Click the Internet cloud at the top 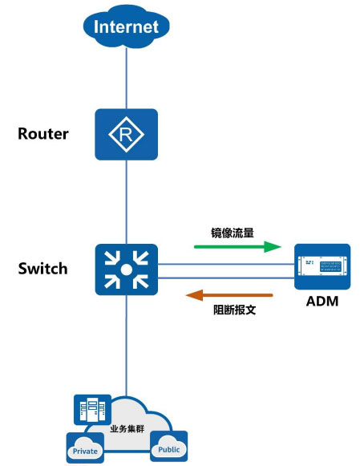click(126, 26)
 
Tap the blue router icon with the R click(126, 134)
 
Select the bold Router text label click(43, 134)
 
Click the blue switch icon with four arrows click(126, 269)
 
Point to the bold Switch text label click(42, 269)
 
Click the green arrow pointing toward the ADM click(237, 247)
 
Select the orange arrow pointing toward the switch click(229, 295)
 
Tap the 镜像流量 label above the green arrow click(233, 233)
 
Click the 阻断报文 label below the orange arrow click(234, 310)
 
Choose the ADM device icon click(322, 266)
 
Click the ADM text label click(322, 302)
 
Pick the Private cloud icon click(85, 448)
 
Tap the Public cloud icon click(168, 447)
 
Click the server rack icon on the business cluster click(92, 410)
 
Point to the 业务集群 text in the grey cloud click(127, 428)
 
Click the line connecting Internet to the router click(126, 78)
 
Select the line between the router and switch click(126, 202)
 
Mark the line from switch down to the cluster click(126, 346)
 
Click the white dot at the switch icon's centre click(126, 269)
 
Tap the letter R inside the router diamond click(126, 135)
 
